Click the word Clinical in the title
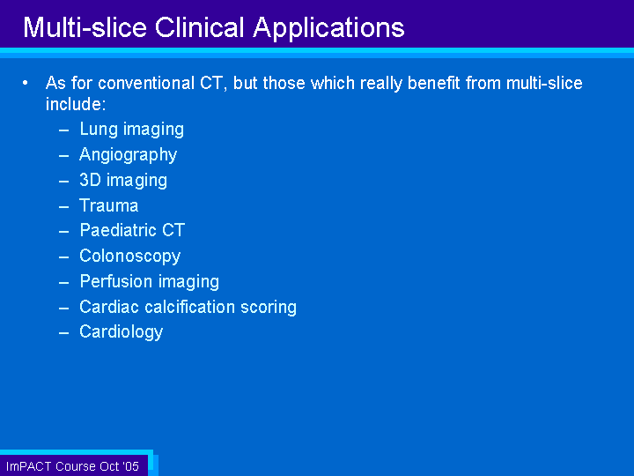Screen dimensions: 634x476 [x=200, y=27]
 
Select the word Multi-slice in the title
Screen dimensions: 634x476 [x=85, y=27]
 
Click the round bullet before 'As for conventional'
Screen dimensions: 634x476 [x=26, y=83]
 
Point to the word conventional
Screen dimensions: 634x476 [x=146, y=83]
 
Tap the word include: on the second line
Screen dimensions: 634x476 [x=76, y=104]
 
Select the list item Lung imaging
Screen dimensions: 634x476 [x=132, y=130]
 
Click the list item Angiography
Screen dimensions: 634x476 [x=129, y=155]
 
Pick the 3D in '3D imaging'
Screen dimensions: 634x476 [x=90, y=180]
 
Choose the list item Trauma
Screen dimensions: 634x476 [x=109, y=205]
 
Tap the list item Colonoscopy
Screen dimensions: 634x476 [x=129, y=257]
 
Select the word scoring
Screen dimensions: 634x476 [x=269, y=308]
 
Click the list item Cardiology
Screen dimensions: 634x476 [x=121, y=332]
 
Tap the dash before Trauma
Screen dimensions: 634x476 [x=64, y=206]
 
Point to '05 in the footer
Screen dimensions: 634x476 [x=131, y=466]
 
